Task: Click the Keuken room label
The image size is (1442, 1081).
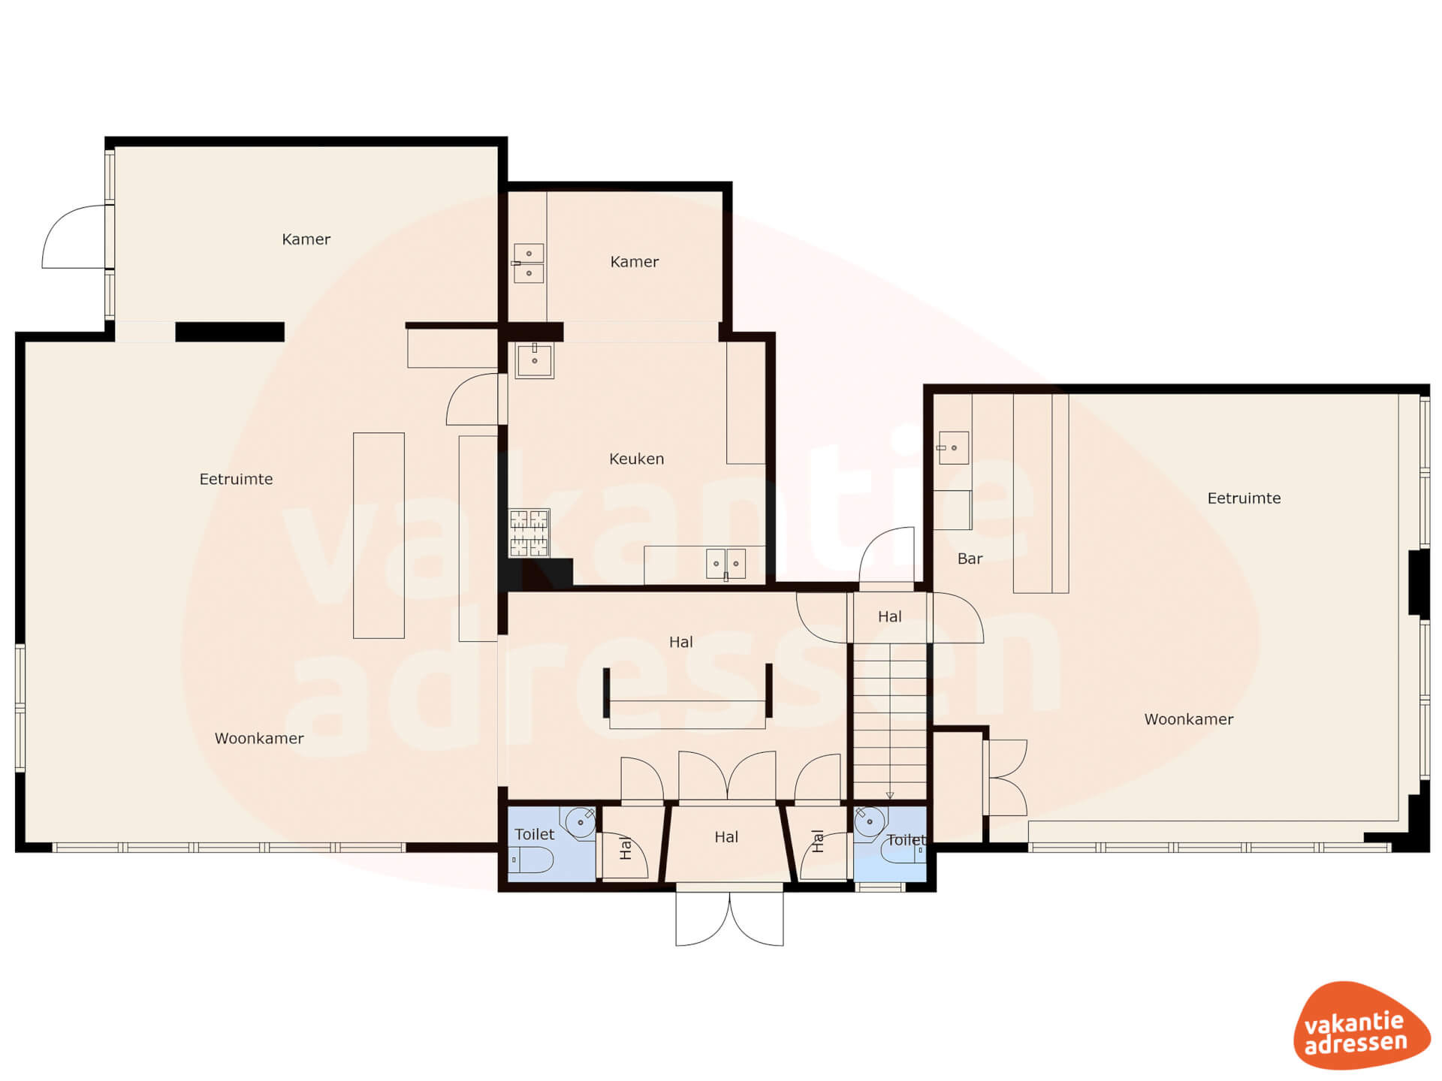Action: tap(636, 459)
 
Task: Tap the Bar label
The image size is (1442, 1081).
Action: tap(970, 559)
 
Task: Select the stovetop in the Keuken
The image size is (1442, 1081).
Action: tap(529, 533)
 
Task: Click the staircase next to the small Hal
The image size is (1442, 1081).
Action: tap(890, 721)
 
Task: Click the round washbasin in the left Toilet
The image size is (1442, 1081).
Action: tap(580, 823)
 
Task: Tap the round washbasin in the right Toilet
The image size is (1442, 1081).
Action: tap(870, 822)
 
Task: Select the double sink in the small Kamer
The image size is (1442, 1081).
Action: tap(529, 263)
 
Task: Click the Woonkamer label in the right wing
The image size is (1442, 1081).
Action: tap(1189, 719)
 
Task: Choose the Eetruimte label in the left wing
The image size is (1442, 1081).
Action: tap(236, 479)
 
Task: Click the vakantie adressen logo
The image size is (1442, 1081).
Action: tap(1361, 1025)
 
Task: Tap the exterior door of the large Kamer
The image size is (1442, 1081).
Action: tap(74, 236)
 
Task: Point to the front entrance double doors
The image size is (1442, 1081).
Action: tap(729, 917)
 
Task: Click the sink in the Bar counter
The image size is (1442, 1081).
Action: tap(954, 448)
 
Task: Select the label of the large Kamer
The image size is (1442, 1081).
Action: tap(306, 239)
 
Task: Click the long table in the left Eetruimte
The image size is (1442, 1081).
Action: tap(379, 535)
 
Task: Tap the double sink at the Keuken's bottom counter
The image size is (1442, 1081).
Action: tap(726, 564)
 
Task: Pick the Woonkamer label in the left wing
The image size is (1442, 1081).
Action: tap(259, 739)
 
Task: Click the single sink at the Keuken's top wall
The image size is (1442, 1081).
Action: tap(535, 360)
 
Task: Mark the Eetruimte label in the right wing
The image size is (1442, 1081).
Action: tap(1244, 498)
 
